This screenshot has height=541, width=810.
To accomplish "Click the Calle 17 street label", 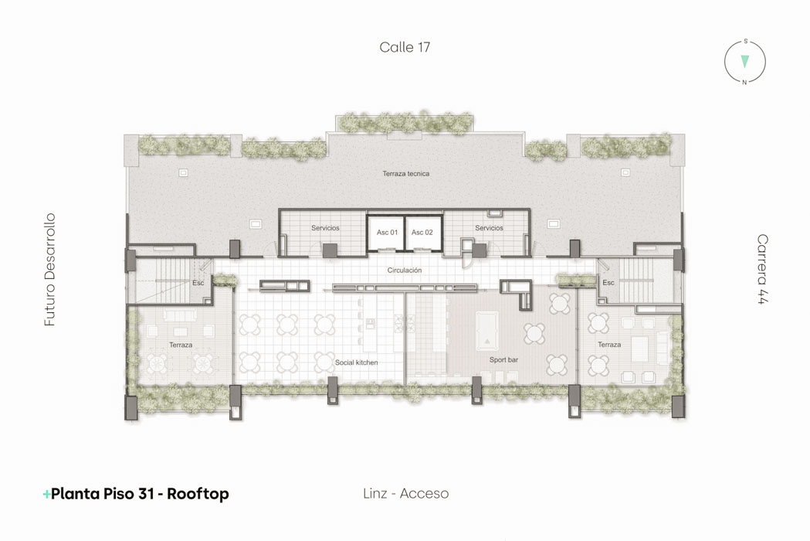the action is tap(405, 47).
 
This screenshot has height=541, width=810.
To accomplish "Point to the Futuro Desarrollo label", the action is tap(49, 270).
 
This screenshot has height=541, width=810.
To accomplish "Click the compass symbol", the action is tap(744, 62).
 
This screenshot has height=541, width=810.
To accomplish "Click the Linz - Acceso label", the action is tap(405, 493).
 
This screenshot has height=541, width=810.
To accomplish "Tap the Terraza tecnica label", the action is tap(406, 174).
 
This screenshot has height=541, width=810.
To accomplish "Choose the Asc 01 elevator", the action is tap(386, 233).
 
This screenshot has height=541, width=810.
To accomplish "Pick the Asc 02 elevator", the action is tap(422, 233).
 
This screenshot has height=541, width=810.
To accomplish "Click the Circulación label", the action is tap(405, 270).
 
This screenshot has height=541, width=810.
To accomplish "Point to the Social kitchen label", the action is tap(357, 362).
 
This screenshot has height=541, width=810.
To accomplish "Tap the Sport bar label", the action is tap(503, 359).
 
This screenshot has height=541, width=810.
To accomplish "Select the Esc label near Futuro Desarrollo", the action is tap(198, 283).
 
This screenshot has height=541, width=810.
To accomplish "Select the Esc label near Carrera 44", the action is tap(608, 282).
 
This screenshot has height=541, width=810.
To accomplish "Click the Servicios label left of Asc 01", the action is tap(325, 227).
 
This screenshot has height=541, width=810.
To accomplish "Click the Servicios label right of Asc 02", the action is tap(490, 227).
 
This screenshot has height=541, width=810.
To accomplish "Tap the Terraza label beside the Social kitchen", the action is tap(181, 345).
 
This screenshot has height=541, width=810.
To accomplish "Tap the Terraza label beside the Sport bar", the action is tap(609, 345).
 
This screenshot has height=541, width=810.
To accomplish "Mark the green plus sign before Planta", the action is tap(46, 495).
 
